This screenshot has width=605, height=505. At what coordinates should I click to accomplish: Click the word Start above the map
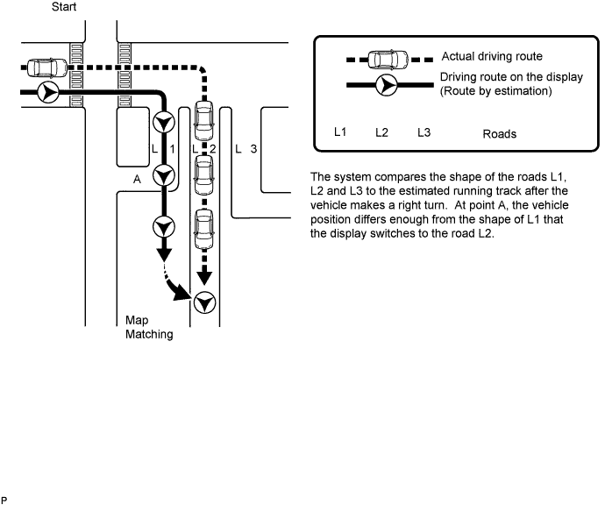[64, 6]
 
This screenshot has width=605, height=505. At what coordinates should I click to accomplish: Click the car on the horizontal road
[47, 68]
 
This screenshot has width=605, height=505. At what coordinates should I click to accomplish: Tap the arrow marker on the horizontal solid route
[48, 92]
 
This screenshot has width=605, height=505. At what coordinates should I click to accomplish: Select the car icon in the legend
[388, 60]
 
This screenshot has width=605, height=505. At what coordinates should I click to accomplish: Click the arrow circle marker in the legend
[386, 85]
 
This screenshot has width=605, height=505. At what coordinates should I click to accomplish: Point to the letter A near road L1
[137, 180]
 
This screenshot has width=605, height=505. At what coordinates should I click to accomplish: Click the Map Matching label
[149, 327]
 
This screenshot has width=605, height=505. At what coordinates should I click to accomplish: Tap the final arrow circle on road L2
[204, 302]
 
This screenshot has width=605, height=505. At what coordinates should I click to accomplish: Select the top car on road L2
[204, 121]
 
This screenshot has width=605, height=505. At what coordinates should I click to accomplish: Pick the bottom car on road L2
[204, 229]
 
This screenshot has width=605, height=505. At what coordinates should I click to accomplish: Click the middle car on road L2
[204, 174]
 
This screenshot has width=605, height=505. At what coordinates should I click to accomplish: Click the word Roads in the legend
[499, 134]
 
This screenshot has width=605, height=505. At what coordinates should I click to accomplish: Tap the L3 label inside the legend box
[423, 132]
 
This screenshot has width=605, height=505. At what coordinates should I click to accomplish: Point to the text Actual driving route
[492, 56]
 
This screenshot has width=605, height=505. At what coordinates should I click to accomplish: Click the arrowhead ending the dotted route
[204, 278]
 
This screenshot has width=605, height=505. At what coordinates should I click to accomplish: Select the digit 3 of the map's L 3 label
[253, 148]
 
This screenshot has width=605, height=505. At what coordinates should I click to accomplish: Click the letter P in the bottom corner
[4, 501]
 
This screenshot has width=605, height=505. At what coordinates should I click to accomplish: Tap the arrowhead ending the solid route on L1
[164, 254]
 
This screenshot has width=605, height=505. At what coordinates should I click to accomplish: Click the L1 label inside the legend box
[340, 132]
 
